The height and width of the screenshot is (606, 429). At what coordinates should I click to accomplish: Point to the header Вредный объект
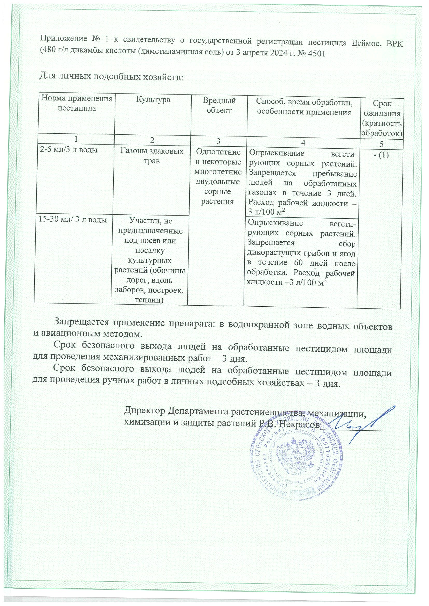point(219,105)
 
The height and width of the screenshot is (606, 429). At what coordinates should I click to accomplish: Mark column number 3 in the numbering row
point(218,141)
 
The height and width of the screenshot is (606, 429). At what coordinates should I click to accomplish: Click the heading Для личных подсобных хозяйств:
point(111,77)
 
